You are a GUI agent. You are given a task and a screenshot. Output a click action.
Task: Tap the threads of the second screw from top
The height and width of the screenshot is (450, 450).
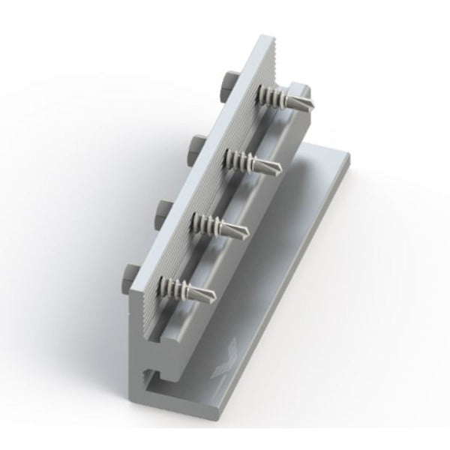(244, 160)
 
